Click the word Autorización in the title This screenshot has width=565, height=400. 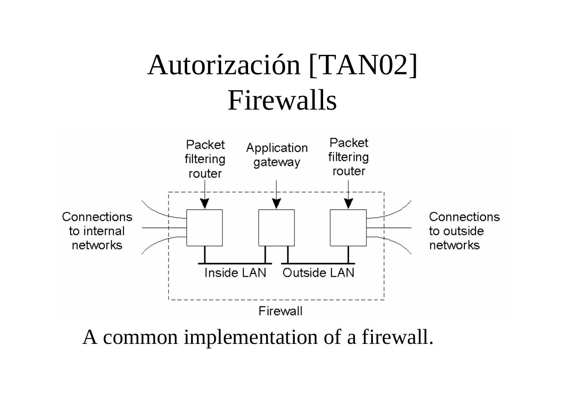pyautogui.click(x=224, y=65)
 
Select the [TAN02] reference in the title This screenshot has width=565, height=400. pyautogui.click(x=363, y=65)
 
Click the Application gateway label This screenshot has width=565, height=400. pyautogui.click(x=277, y=155)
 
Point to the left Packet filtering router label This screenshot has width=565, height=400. pyautogui.click(x=205, y=159)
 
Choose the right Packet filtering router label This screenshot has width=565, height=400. pyautogui.click(x=348, y=157)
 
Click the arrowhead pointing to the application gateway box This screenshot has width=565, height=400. pyautogui.click(x=276, y=203)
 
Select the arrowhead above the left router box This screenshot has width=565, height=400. pyautogui.click(x=204, y=203)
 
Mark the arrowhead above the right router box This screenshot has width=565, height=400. pyautogui.click(x=348, y=203)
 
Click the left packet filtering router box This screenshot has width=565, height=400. pyautogui.click(x=204, y=228)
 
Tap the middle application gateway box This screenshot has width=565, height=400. pyautogui.click(x=276, y=228)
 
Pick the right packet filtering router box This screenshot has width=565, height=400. pyautogui.click(x=348, y=228)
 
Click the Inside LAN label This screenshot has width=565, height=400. pyautogui.click(x=235, y=273)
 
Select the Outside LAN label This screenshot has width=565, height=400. pyautogui.click(x=318, y=273)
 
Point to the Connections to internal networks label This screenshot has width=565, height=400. pyautogui.click(x=97, y=231)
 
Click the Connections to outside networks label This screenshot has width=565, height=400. pyautogui.click(x=464, y=231)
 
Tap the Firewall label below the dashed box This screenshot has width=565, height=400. pyautogui.click(x=280, y=311)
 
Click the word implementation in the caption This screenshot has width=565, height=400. pyautogui.click(x=250, y=337)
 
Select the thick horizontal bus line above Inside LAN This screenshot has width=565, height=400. pyautogui.click(x=235, y=263)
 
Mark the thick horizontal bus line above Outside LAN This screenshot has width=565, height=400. pyautogui.click(x=318, y=263)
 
